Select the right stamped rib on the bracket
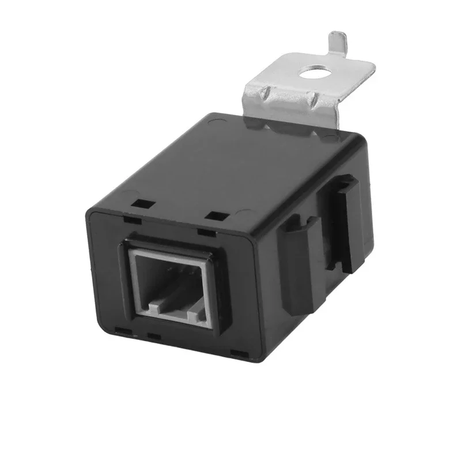click(312, 101)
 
